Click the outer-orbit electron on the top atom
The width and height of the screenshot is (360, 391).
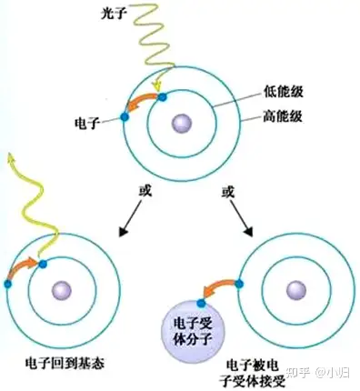[x=125, y=115]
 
